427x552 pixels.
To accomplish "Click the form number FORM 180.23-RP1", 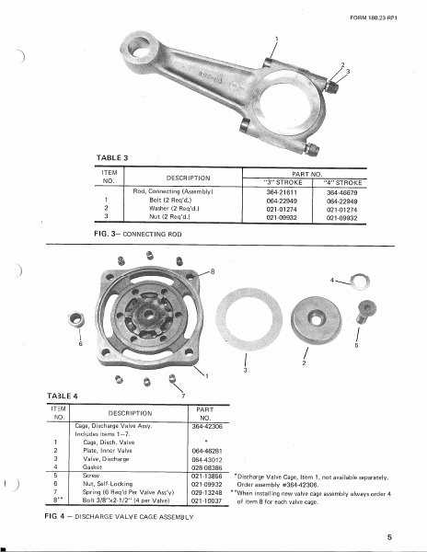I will (x=377, y=17).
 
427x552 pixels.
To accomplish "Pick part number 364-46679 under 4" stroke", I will (x=340, y=190).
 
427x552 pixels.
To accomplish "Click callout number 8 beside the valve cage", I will (x=213, y=271).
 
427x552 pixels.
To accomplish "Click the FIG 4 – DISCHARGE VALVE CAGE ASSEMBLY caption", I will (x=120, y=519).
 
